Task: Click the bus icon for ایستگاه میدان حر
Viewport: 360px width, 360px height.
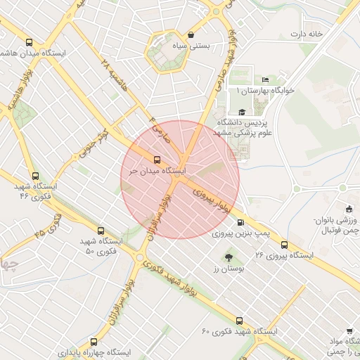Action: coord(157,159)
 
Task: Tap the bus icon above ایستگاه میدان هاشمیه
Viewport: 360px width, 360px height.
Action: coord(29,42)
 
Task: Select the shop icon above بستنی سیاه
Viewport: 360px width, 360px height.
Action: coord(191,35)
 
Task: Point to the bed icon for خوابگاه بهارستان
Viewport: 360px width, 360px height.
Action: coord(264,80)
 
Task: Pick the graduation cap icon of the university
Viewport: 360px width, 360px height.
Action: coord(242,112)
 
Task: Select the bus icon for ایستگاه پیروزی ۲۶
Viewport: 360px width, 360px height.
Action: coord(284,245)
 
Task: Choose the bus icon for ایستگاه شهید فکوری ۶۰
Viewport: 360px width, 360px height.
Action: coord(240,321)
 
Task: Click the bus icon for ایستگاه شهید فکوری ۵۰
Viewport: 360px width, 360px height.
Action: coord(101,231)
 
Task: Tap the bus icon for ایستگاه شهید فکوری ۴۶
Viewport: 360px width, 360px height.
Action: coord(36,176)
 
